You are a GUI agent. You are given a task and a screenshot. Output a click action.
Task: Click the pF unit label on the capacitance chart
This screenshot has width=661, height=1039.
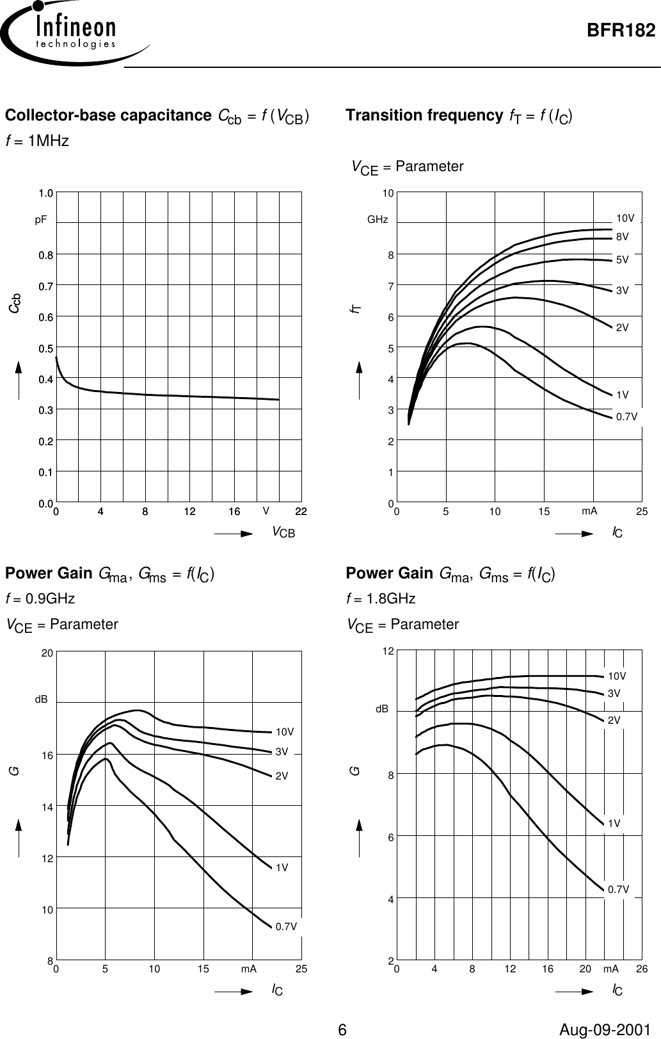pos(41,219)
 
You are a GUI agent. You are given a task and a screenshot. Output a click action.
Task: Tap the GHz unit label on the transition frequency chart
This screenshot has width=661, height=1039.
pos(378,219)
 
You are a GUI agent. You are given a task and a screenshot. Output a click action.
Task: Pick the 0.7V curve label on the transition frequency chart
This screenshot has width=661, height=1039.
pos(626,416)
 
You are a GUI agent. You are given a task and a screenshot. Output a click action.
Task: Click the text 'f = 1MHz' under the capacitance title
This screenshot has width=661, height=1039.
pos(37,141)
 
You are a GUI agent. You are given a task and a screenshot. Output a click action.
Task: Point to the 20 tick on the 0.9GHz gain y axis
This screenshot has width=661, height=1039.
pos(46,653)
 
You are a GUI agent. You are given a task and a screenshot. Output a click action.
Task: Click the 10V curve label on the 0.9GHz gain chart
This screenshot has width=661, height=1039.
pos(285,732)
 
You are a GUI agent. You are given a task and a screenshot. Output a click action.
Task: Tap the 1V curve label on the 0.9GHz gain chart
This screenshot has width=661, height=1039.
pos(282,867)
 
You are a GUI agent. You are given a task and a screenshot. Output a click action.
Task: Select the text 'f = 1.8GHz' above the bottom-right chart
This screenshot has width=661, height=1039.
pos(381,599)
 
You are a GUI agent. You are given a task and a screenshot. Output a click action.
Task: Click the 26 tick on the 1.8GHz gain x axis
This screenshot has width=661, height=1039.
pos(641,970)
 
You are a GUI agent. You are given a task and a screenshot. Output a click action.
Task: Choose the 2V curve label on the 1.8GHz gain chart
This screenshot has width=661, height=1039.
pos(614,720)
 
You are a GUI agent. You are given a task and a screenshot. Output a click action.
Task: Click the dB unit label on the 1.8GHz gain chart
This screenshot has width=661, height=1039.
pos(381,709)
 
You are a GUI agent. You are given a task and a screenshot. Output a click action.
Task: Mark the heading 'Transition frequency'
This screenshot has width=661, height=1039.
pos(424,115)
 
